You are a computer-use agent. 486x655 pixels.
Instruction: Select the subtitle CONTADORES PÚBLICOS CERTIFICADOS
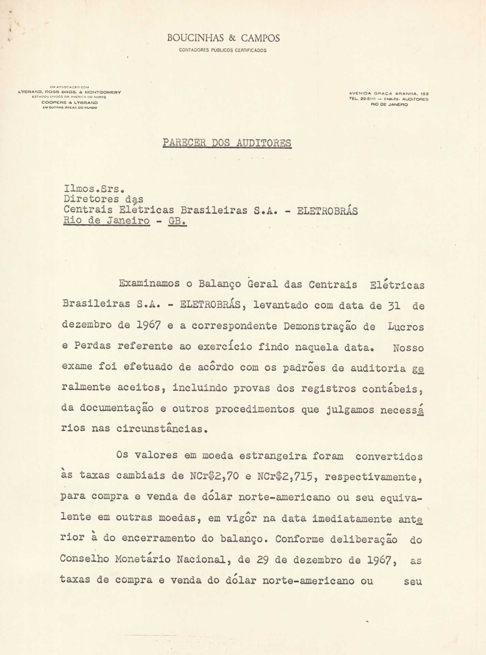[223, 50]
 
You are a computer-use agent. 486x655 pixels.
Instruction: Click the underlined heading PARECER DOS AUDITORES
[227, 142]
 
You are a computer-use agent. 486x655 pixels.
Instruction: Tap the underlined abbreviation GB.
[178, 221]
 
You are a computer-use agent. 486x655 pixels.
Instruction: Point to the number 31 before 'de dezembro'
[394, 305]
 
